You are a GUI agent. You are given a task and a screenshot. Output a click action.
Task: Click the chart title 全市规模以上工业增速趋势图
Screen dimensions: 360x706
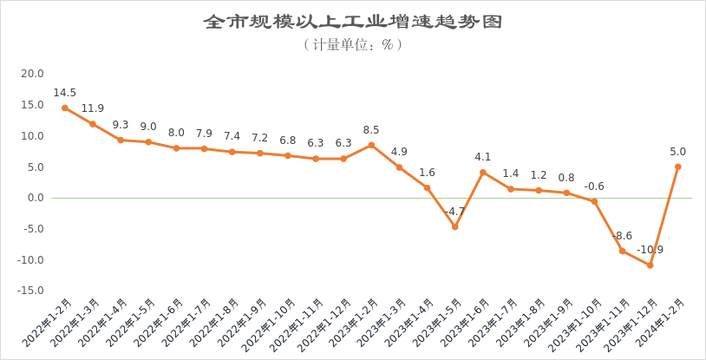click(x=352, y=21)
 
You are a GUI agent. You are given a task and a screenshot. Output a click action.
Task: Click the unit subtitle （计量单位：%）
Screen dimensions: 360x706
click(x=352, y=44)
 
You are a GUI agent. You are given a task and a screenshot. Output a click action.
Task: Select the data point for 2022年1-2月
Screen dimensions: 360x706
click(x=65, y=108)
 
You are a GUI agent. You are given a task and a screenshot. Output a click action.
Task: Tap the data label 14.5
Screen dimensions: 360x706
click(x=65, y=93)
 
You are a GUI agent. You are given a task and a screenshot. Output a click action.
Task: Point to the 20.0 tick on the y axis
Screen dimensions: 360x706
click(x=32, y=74)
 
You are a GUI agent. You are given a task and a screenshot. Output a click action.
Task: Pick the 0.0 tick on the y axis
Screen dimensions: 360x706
click(x=36, y=198)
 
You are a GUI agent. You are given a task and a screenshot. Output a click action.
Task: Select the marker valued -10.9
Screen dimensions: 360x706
click(x=650, y=265)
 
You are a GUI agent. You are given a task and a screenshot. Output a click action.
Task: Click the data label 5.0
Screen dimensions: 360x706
click(x=677, y=152)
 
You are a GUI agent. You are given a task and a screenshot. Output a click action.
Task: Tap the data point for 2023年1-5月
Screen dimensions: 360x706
click(x=454, y=227)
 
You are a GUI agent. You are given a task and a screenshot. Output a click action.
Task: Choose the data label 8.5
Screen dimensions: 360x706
click(x=371, y=130)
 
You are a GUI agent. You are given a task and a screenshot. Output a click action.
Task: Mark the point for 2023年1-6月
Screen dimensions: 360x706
click(x=482, y=173)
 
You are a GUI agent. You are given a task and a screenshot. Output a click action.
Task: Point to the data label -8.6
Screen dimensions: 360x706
click(x=622, y=236)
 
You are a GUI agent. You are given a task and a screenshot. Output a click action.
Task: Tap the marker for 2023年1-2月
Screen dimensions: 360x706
click(x=371, y=145)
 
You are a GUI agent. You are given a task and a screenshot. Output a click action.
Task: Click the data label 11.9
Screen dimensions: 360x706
click(x=93, y=109)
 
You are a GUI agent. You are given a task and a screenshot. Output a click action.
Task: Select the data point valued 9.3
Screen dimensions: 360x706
click(x=121, y=140)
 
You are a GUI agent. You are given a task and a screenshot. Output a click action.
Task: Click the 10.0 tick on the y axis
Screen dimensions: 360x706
click(x=32, y=136)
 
